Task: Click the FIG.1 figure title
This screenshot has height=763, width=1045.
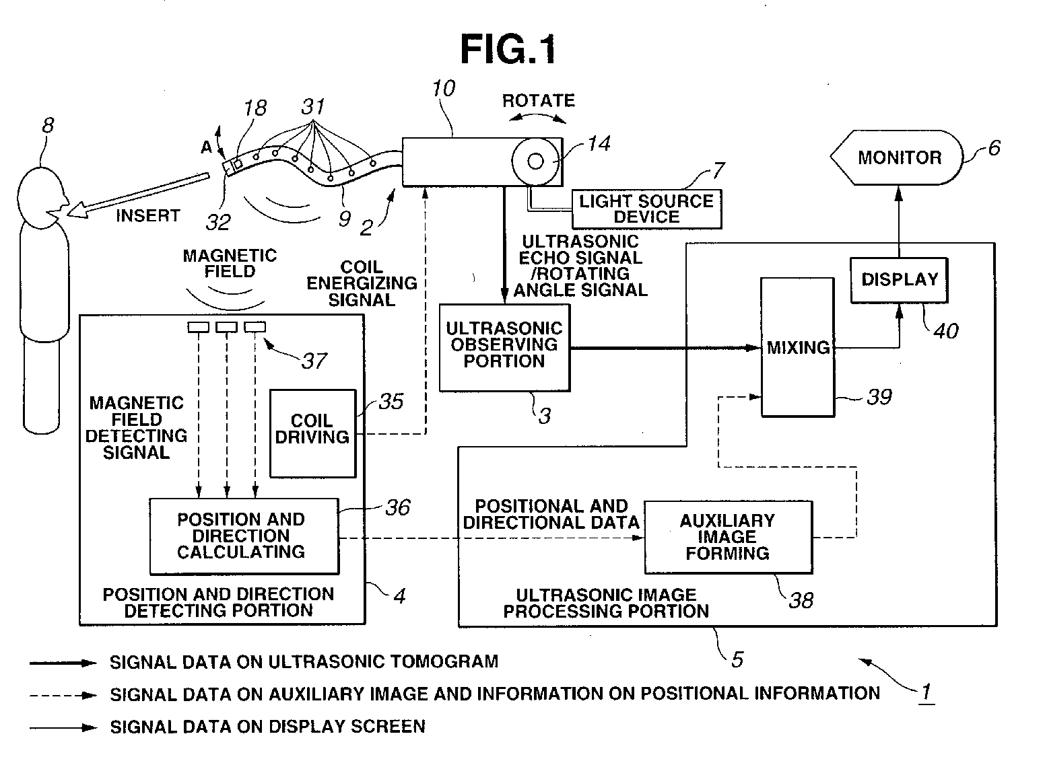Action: click(508, 48)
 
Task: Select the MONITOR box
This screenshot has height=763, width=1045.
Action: click(896, 157)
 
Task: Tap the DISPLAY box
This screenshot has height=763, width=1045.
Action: click(899, 280)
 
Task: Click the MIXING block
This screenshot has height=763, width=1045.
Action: click(798, 347)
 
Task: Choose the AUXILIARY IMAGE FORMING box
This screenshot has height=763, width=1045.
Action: click(729, 537)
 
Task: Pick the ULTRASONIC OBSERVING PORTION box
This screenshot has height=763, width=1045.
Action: click(504, 348)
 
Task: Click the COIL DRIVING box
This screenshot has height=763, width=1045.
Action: click(312, 433)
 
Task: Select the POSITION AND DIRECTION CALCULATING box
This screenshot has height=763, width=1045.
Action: click(244, 536)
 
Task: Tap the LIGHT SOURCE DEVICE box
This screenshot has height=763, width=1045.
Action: click(646, 209)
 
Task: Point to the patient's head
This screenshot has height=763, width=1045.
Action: click(42, 198)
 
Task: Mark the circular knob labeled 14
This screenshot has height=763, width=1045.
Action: click(535, 161)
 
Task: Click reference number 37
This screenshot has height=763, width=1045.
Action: click(314, 361)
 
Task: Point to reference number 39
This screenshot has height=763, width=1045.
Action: click(879, 397)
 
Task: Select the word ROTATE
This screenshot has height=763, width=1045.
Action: click(539, 101)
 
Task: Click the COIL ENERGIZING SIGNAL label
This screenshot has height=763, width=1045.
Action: click(362, 283)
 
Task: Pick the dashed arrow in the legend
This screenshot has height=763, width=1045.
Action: click(63, 696)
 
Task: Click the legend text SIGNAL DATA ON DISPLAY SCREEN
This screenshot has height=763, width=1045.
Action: click(267, 727)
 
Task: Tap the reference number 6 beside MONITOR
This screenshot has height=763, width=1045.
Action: click(994, 148)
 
